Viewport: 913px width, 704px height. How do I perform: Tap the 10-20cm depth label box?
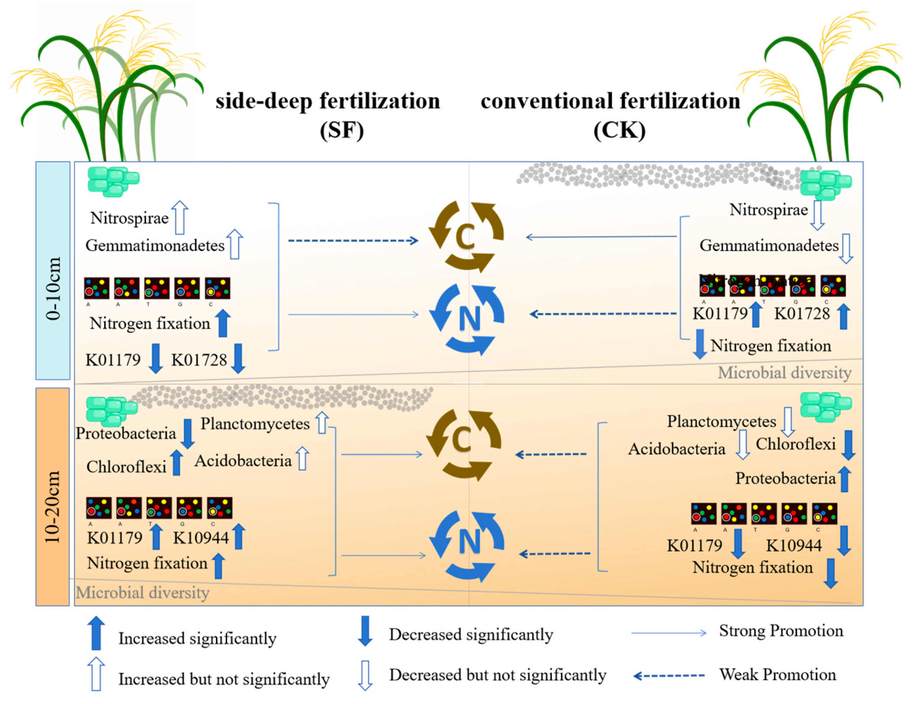point(53,496)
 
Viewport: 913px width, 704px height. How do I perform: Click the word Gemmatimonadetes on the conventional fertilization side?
point(769,246)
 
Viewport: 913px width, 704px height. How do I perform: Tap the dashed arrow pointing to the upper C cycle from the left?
point(353,240)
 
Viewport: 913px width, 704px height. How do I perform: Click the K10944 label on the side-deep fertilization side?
point(201,537)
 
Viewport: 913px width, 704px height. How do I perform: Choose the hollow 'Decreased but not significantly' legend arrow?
point(365,675)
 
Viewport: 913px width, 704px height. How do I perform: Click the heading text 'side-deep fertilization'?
point(328,101)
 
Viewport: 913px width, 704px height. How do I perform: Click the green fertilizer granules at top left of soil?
point(112,181)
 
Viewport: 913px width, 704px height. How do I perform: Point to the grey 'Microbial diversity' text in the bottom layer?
point(142,592)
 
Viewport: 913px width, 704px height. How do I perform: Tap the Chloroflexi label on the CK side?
point(795,444)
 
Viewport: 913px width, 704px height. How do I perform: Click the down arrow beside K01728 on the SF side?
point(238,358)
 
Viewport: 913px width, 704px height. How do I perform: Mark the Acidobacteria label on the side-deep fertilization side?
point(243,460)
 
